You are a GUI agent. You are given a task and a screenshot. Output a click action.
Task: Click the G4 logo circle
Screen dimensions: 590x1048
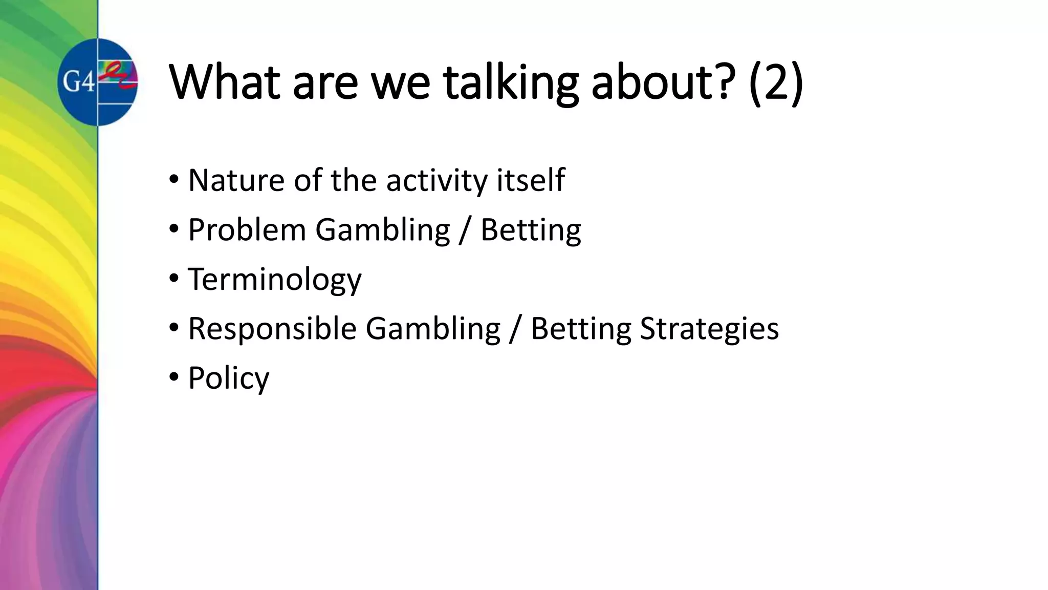(x=97, y=82)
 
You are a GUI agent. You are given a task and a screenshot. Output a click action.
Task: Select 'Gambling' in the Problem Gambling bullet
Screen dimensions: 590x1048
(x=382, y=230)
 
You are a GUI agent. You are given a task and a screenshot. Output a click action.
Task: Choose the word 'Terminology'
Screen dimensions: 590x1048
(x=275, y=280)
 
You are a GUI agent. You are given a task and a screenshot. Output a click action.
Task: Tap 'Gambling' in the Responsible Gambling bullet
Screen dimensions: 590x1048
(x=433, y=329)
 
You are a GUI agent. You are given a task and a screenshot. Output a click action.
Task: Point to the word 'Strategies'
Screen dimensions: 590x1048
(x=709, y=329)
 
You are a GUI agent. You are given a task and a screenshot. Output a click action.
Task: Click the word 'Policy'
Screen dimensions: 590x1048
(x=228, y=378)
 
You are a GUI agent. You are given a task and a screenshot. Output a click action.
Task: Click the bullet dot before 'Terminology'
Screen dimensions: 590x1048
(x=174, y=279)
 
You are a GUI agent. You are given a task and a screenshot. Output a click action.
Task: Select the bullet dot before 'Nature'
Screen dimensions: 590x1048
(x=174, y=179)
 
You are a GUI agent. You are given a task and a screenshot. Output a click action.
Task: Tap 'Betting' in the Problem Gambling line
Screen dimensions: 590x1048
(x=531, y=230)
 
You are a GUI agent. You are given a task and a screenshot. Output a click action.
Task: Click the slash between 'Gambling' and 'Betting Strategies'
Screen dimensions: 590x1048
(x=515, y=329)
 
